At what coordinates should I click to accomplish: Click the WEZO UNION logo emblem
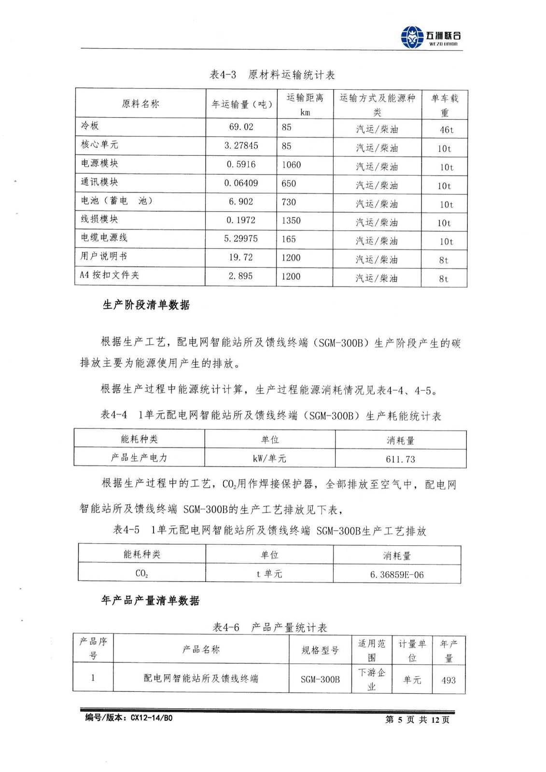point(412,37)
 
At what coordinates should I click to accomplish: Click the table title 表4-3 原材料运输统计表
point(272,75)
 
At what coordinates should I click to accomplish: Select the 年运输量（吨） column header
point(242,104)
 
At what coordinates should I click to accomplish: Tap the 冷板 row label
point(90,125)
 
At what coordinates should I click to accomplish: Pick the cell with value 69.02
point(241,127)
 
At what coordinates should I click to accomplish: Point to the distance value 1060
point(291,165)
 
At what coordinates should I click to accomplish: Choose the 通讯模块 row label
point(99,182)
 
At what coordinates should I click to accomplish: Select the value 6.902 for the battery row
point(241,202)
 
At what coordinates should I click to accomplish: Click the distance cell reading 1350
point(291,221)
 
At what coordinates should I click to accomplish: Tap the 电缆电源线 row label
point(104,237)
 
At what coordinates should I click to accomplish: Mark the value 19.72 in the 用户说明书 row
point(241,257)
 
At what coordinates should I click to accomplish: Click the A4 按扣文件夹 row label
point(109,275)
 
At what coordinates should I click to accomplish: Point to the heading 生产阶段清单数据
point(146,305)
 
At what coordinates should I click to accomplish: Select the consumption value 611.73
point(400,459)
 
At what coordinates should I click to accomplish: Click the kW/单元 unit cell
point(269,458)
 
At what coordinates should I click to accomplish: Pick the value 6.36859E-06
point(397,575)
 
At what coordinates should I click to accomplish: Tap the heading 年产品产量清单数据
point(150,601)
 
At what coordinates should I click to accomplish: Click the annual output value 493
point(448,680)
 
